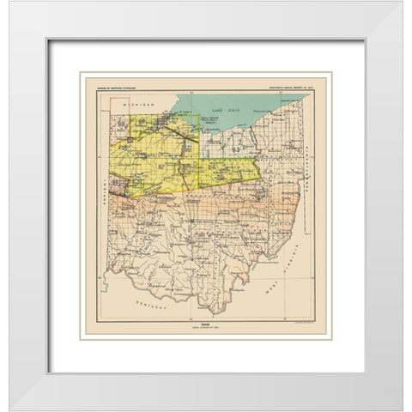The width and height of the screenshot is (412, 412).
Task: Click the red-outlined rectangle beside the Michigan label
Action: click(163, 102)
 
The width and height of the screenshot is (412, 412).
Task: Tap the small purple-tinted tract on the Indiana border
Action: click(119, 191)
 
